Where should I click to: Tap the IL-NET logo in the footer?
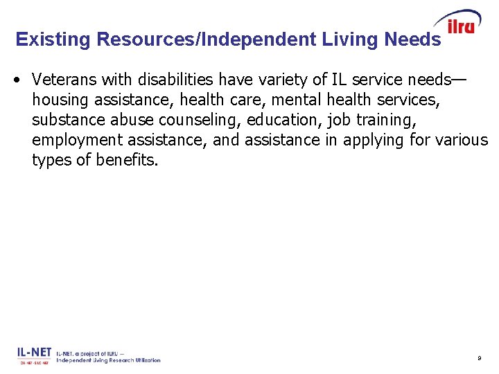[35, 355]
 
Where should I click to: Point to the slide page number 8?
[479, 358]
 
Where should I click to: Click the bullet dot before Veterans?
[16, 78]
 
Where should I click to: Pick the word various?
[462, 141]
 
